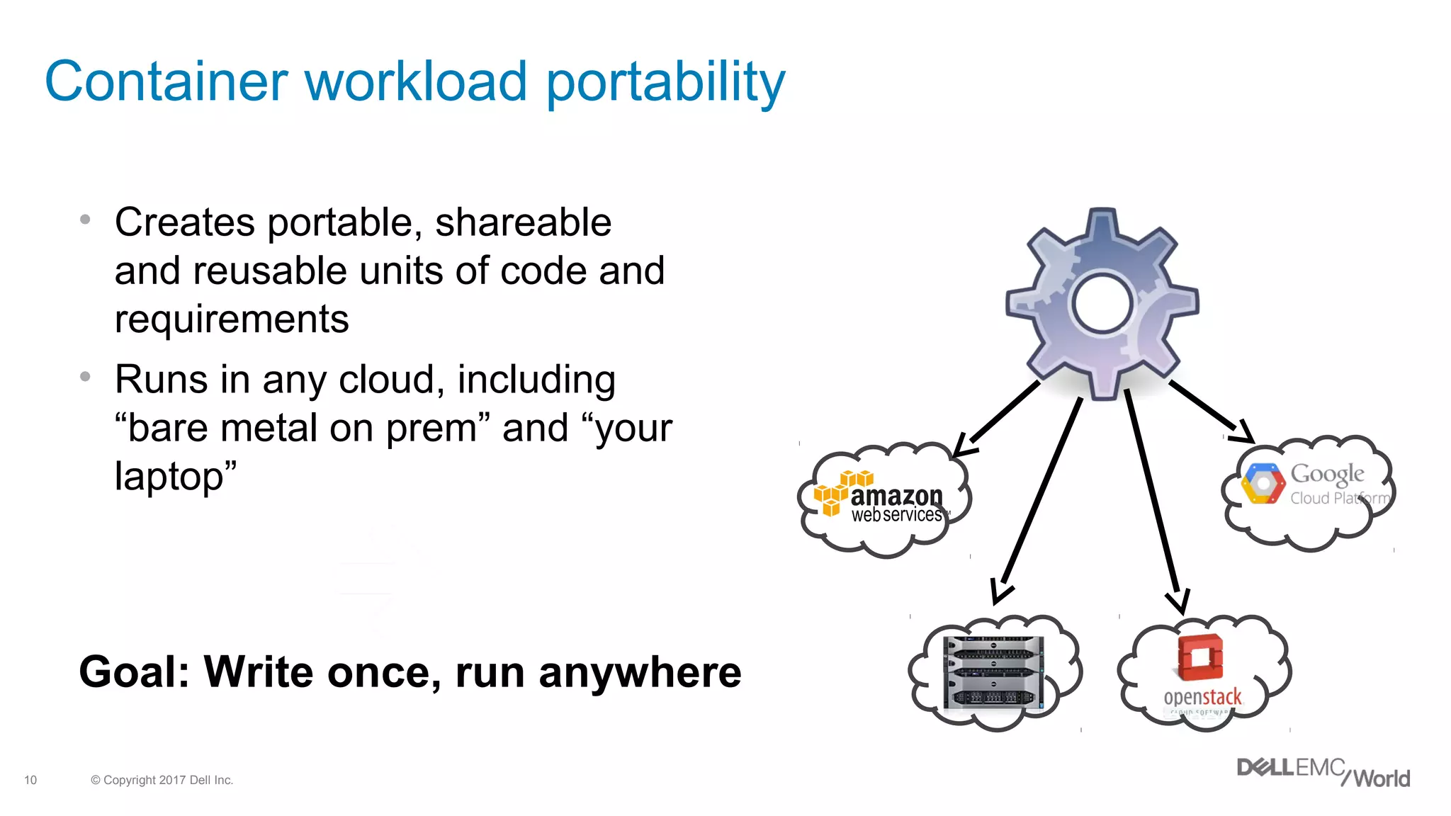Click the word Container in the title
pos(166,81)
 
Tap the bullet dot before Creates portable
pos(85,220)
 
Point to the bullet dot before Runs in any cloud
pos(85,377)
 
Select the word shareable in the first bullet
pos(523,222)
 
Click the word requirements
pos(232,319)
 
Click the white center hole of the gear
pos(1102,304)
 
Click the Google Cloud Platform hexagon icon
pos(1263,484)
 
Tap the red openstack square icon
pos(1200,656)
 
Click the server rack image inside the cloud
pos(994,671)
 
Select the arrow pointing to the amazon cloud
pos(999,418)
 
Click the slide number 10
pos(30,780)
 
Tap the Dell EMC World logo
pos(1322,772)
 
